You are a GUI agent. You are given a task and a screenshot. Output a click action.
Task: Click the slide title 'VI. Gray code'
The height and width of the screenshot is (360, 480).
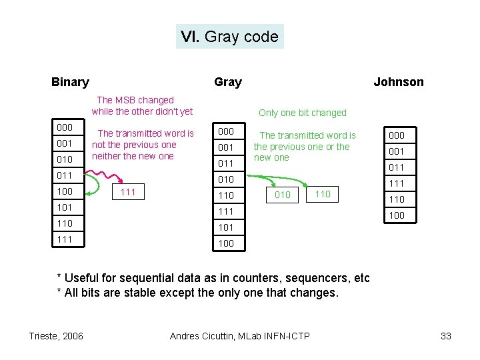coord(229,37)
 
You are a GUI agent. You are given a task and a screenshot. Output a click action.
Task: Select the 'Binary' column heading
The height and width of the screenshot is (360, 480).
coord(70,82)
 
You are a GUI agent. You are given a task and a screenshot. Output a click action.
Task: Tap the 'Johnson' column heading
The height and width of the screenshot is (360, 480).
coord(398,82)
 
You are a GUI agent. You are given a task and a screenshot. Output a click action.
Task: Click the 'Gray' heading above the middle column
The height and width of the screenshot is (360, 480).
coord(228,82)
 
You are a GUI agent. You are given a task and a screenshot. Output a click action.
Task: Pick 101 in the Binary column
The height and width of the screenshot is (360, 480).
coord(65,207)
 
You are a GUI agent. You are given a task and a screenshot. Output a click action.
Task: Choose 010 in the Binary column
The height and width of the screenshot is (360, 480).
coord(65,159)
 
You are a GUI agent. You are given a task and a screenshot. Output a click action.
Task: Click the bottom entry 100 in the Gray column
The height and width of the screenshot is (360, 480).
coord(226,243)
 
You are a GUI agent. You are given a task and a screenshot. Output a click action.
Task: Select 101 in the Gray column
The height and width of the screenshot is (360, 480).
coord(226,227)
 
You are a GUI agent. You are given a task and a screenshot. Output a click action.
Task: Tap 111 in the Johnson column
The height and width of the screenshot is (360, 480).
coord(397,183)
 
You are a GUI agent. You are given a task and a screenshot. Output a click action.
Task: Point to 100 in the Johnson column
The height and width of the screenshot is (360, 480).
coord(397,215)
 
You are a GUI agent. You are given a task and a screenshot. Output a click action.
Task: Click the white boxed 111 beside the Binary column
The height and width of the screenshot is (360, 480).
coord(127,193)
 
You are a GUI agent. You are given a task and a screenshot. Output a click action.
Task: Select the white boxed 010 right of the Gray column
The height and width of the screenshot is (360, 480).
coord(283,195)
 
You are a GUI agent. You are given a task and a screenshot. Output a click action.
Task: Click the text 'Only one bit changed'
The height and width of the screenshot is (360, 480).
coord(303,113)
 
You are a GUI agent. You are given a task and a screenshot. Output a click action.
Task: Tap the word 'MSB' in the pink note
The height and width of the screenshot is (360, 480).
coord(127,100)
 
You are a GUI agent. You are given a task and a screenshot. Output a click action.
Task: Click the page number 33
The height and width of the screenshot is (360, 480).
coord(446,336)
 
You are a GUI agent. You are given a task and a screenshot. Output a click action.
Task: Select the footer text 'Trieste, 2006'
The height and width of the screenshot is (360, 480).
coord(56,336)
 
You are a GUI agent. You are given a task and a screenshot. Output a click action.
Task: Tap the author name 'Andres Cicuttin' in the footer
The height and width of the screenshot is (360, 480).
coord(207,336)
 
